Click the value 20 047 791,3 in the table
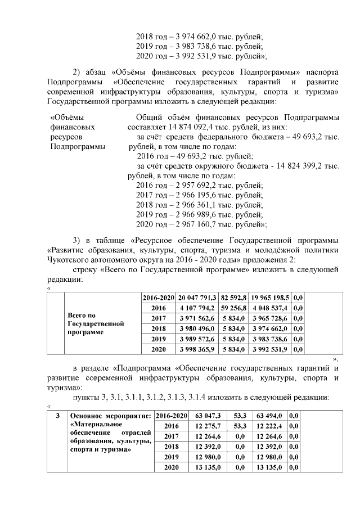[197, 297]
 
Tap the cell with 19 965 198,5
[271, 297]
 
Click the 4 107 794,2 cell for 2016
[197, 308]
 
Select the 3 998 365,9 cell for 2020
[197, 349]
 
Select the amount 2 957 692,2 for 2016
[193, 185]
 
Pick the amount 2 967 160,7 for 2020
[193, 224]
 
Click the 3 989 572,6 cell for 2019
[197, 339]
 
